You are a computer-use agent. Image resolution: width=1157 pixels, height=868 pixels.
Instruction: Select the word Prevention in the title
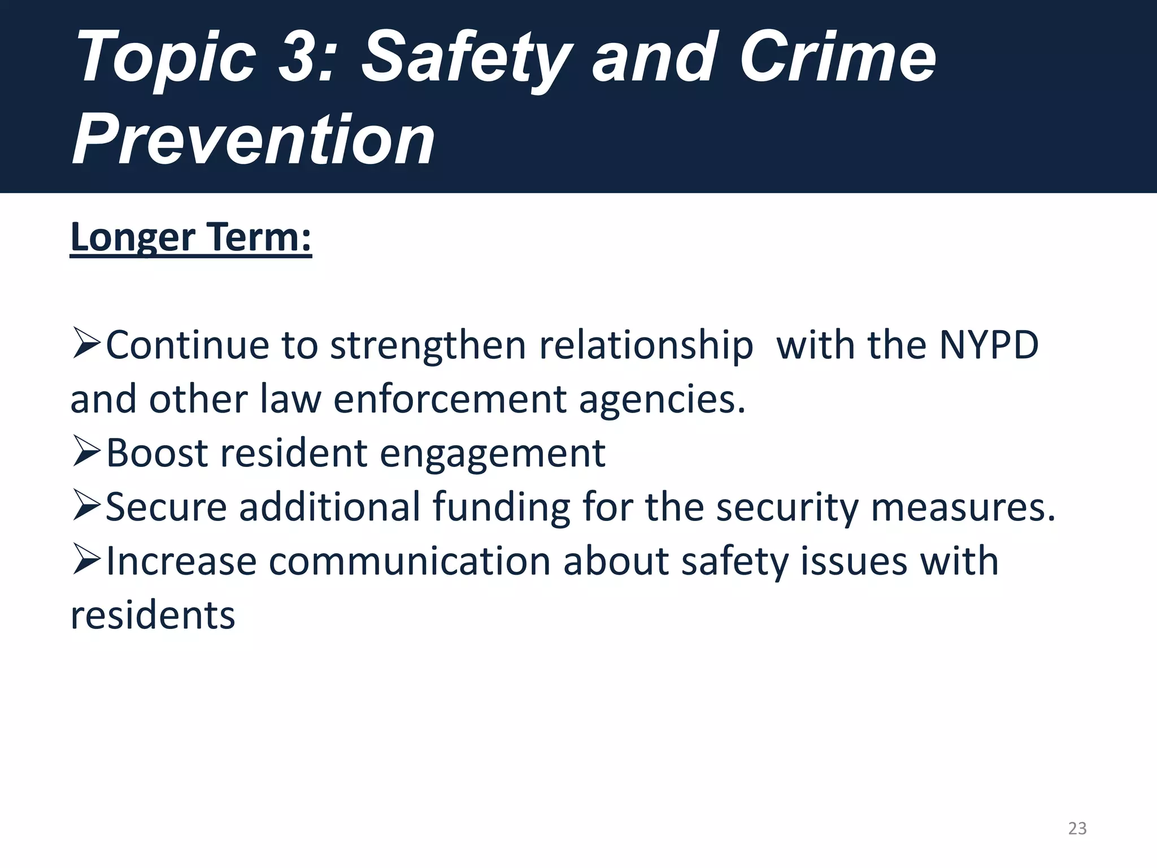pos(254,139)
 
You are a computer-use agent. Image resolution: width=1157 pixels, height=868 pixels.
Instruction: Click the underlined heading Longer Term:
pos(190,237)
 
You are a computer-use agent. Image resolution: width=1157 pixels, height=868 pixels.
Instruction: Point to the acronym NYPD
pos(988,345)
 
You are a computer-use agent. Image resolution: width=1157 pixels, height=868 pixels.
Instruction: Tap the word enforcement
pos(450,399)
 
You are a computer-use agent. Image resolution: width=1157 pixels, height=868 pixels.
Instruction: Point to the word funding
pos(501,507)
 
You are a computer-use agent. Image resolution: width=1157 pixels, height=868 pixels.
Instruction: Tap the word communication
pos(410,561)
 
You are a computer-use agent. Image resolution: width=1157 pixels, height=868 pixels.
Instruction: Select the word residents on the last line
pos(153,615)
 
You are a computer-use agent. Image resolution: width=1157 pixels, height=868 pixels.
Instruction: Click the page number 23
pos(1077,828)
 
